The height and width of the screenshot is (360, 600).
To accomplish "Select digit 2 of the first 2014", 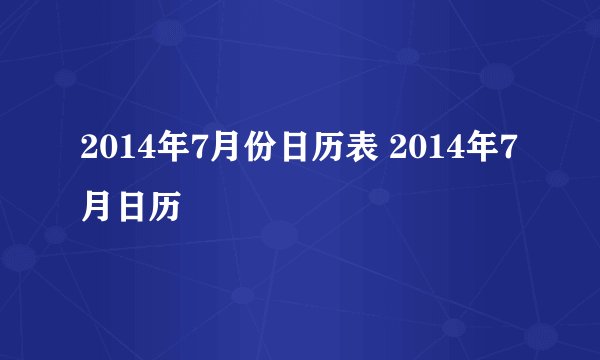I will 89,152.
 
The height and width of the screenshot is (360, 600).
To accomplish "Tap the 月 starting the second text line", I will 96,207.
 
